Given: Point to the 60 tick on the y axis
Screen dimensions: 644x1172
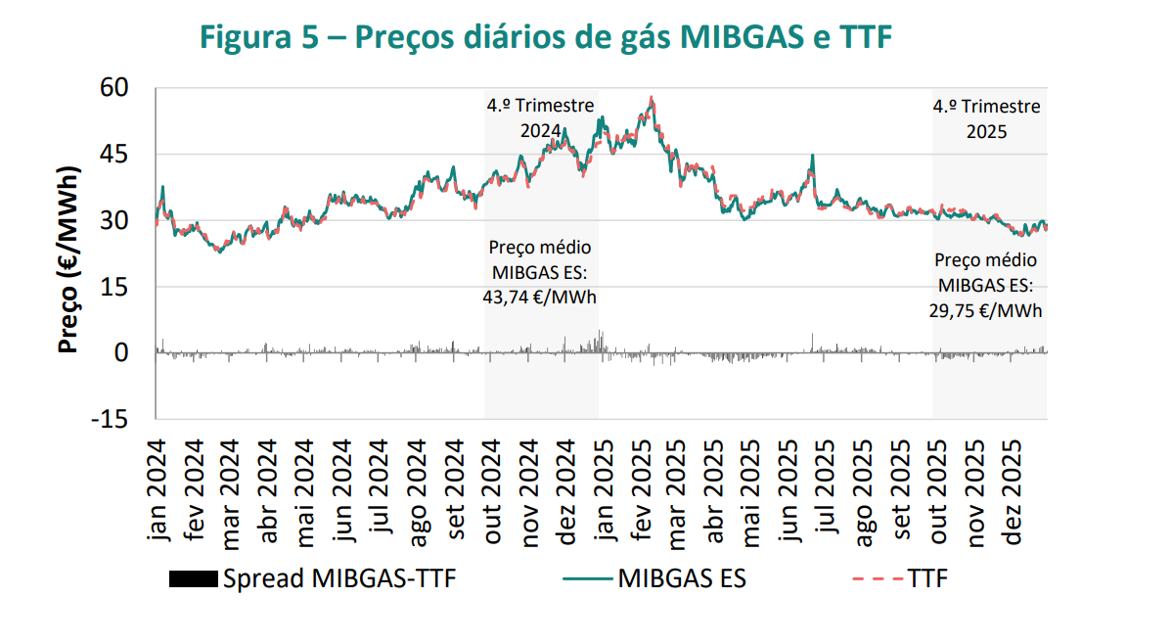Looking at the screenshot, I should [x=114, y=88].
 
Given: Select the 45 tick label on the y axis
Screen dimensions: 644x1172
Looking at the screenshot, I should [x=114, y=155].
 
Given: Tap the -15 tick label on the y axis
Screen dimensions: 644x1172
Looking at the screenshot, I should [x=110, y=419].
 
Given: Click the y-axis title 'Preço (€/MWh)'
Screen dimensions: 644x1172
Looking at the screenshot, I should [x=68, y=253].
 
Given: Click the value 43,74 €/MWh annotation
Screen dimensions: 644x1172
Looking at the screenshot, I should [x=539, y=297].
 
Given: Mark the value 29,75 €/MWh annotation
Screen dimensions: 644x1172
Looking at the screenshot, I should [x=985, y=309].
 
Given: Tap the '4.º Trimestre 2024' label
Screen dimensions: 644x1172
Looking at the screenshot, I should [x=540, y=118].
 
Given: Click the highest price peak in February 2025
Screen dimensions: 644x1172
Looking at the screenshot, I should [x=652, y=98].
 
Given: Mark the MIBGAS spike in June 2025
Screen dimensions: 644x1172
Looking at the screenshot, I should [x=812, y=157].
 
